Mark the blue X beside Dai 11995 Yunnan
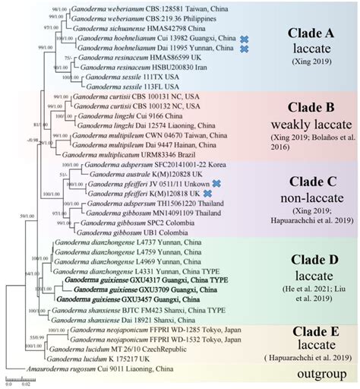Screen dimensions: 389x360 click(x=244, y=49)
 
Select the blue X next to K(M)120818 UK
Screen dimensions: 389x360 click(x=206, y=193)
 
